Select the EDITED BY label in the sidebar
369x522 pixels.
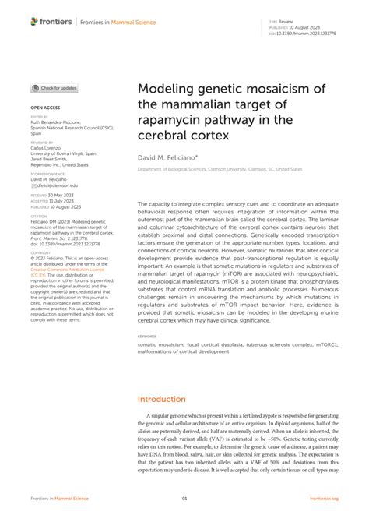point(39,117)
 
